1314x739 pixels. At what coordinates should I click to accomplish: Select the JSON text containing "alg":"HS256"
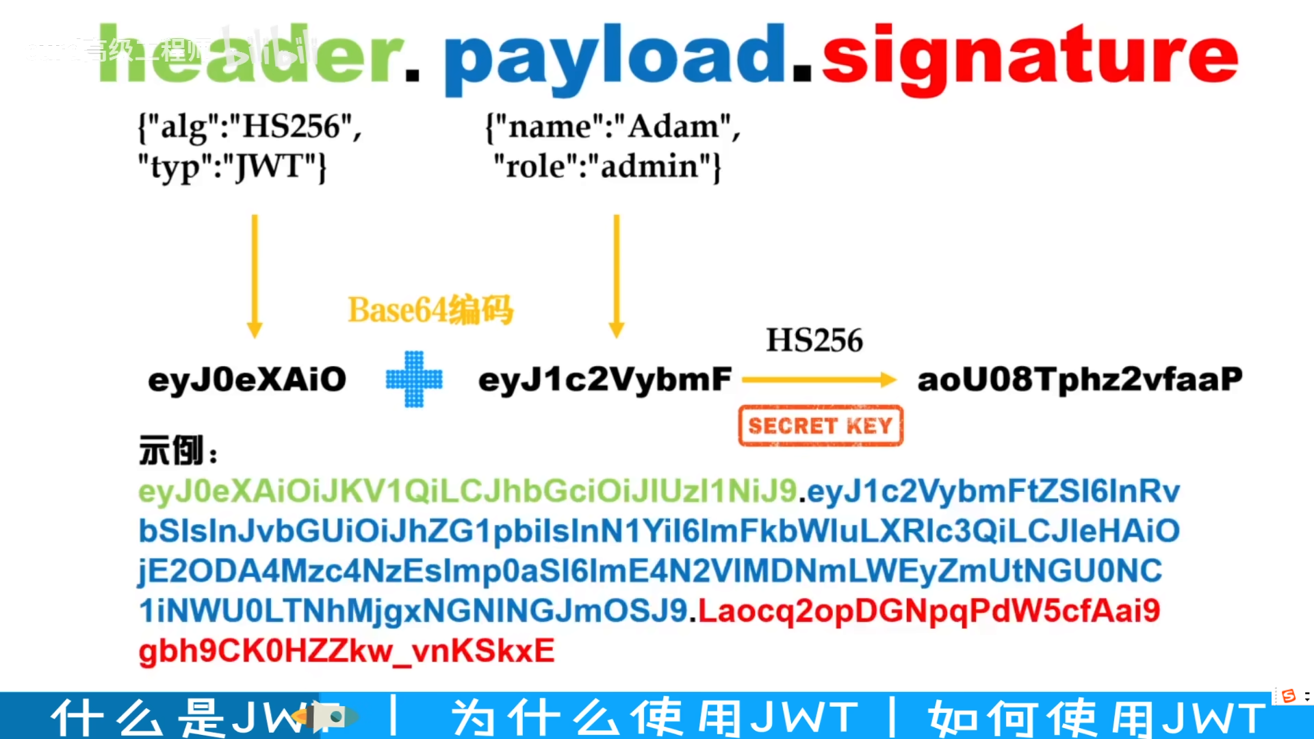tap(250, 127)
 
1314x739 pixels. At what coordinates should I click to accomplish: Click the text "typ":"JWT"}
tap(233, 167)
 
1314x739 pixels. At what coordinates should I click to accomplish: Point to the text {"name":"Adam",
tap(613, 127)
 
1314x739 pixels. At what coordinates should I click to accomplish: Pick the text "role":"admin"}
tap(607, 166)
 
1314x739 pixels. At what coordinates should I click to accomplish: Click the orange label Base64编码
tap(430, 310)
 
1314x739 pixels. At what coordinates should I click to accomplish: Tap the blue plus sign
tap(414, 379)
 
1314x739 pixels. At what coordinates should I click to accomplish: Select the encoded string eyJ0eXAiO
tap(247, 380)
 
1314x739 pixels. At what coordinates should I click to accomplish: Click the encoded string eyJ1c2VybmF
tap(605, 380)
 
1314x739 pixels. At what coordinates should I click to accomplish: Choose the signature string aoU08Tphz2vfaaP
tap(1079, 380)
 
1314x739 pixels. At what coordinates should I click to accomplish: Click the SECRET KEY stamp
tap(821, 426)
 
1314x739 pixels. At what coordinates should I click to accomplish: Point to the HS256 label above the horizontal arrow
tap(814, 340)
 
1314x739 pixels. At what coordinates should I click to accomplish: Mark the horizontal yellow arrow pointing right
tap(819, 380)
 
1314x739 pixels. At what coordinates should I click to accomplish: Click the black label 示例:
tap(178, 451)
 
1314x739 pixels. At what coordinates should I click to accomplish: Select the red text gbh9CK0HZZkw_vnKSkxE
tap(346, 651)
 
